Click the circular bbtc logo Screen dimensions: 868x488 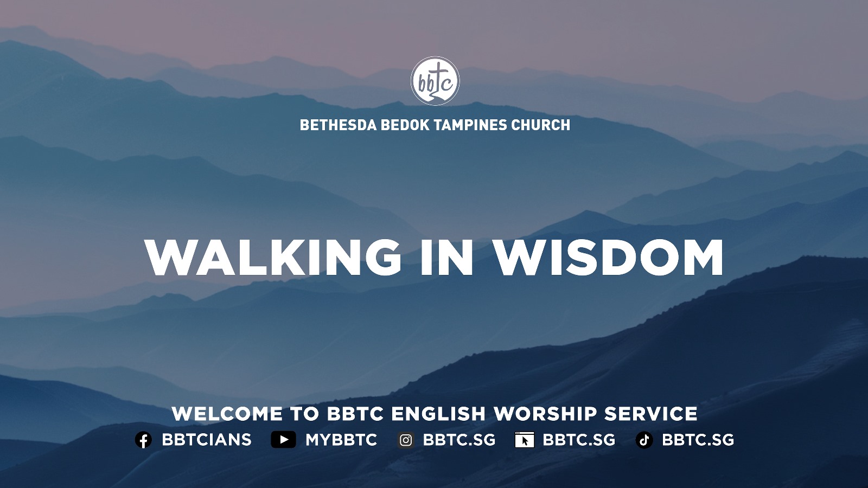435,81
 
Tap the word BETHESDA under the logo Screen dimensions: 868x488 339,125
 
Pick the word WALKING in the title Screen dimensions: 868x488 273,257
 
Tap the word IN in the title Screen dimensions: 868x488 447,257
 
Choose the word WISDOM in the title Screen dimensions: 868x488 608,257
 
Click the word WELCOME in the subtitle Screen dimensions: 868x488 227,414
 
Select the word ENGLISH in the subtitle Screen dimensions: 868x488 438,414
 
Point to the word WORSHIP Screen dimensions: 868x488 545,414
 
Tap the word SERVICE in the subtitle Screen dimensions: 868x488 651,414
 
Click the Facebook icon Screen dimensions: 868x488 143,440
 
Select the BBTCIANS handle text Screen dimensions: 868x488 207,440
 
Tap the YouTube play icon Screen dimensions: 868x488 283,440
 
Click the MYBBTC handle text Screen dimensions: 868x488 341,440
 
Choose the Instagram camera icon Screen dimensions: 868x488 406,440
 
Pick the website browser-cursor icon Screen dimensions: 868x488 525,440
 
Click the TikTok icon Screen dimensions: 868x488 644,440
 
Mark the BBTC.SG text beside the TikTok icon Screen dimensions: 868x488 698,440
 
